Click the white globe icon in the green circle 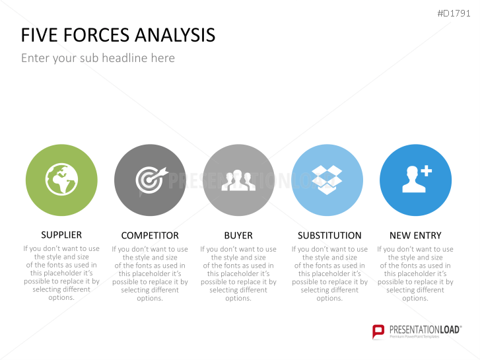point(61,179)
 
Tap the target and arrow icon point(152,180)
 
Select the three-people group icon point(238,180)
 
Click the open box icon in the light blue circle point(327,180)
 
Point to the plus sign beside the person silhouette point(426,171)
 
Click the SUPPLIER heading point(61,235)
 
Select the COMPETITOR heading point(150,236)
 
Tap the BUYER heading point(238,236)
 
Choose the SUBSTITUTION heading point(329,236)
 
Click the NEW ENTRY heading point(415,236)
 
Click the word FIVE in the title point(39,35)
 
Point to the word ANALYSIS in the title point(175,35)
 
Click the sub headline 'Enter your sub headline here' point(98,58)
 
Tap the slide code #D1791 point(454,13)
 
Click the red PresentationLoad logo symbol point(378,332)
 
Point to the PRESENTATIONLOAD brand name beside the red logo point(425,330)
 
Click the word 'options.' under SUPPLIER point(61,297)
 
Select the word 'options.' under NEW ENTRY point(415,298)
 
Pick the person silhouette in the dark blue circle point(413,180)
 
